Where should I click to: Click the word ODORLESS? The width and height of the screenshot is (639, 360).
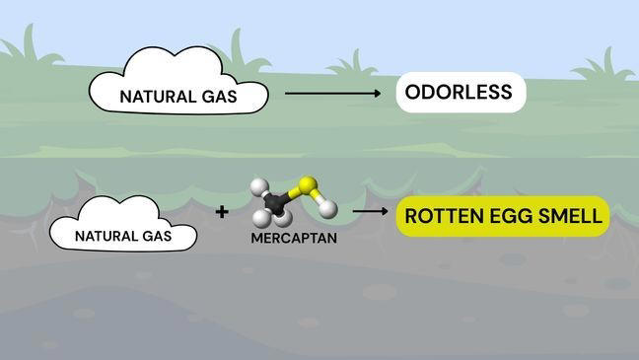[459, 92]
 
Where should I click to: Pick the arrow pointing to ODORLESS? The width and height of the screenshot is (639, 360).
[333, 94]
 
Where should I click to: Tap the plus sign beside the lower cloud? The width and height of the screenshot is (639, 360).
[222, 212]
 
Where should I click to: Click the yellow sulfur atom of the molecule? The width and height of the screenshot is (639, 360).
[308, 184]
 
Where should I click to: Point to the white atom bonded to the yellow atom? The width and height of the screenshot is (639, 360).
[327, 208]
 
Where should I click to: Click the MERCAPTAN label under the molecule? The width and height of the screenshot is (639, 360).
[294, 238]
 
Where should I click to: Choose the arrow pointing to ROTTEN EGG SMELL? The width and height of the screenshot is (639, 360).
[370, 211]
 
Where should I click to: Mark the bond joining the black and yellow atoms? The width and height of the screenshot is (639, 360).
[292, 194]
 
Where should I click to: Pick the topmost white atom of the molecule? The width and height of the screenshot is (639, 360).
[259, 187]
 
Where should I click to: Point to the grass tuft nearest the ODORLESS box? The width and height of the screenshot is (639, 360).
[354, 65]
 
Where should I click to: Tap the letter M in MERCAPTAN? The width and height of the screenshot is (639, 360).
[256, 238]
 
